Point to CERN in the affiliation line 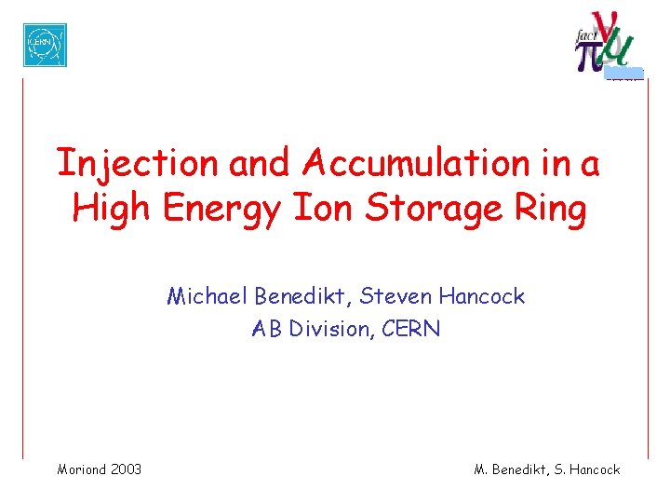coord(409,329)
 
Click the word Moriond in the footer coord(82,469)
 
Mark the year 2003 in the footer coord(126,469)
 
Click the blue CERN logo coord(45,45)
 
